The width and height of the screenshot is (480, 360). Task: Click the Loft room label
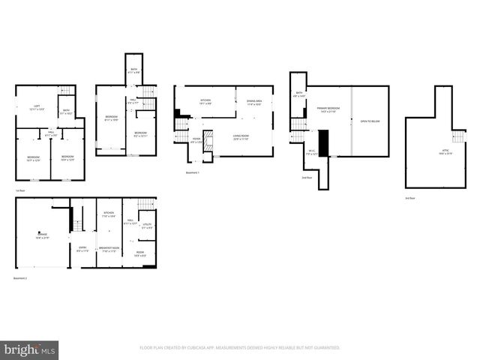tap(34, 108)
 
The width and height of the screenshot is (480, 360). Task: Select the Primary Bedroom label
tap(328, 110)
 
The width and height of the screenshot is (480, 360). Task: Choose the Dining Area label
tap(253, 103)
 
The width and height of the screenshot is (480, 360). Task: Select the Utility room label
tap(147, 224)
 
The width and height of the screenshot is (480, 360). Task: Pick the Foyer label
tap(196, 140)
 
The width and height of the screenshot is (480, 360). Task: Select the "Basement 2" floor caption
tap(21, 277)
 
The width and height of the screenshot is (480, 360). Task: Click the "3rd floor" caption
tap(409, 197)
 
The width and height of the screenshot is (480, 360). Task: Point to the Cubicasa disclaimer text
tap(240, 348)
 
